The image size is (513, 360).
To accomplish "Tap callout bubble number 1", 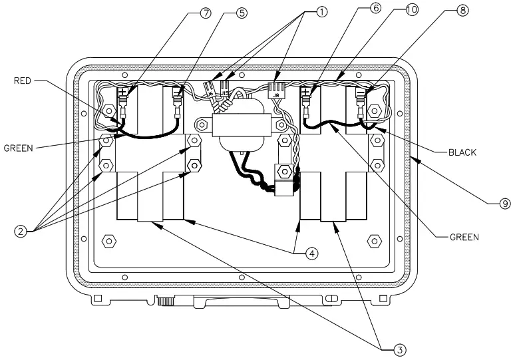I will pyautogui.click(x=321, y=13).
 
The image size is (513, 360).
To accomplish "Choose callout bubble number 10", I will pyautogui.click(x=412, y=11).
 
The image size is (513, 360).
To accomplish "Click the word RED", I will pyautogui.click(x=23, y=81).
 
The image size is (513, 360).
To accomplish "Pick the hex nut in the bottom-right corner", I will pyautogui.click(x=373, y=240).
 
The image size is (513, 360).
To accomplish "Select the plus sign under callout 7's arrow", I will pyautogui.click(x=122, y=92).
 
